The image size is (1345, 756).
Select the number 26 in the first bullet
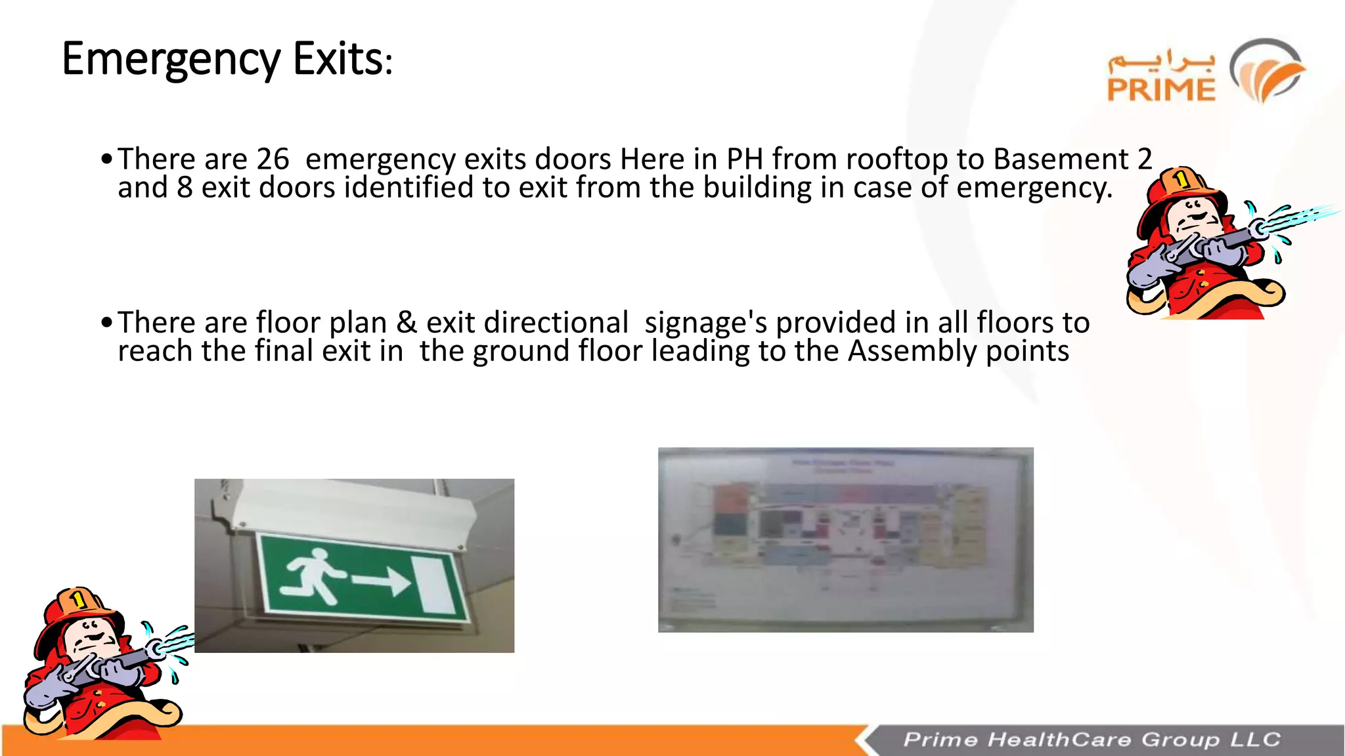273,159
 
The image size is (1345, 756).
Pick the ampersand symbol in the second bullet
407,323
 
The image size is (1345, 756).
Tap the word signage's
705,324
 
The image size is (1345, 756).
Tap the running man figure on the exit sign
313,574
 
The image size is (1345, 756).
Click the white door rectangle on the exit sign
436,586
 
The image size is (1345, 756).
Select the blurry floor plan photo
845,539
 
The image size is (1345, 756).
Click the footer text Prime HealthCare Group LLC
1091,740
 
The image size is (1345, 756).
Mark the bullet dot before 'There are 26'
106,159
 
